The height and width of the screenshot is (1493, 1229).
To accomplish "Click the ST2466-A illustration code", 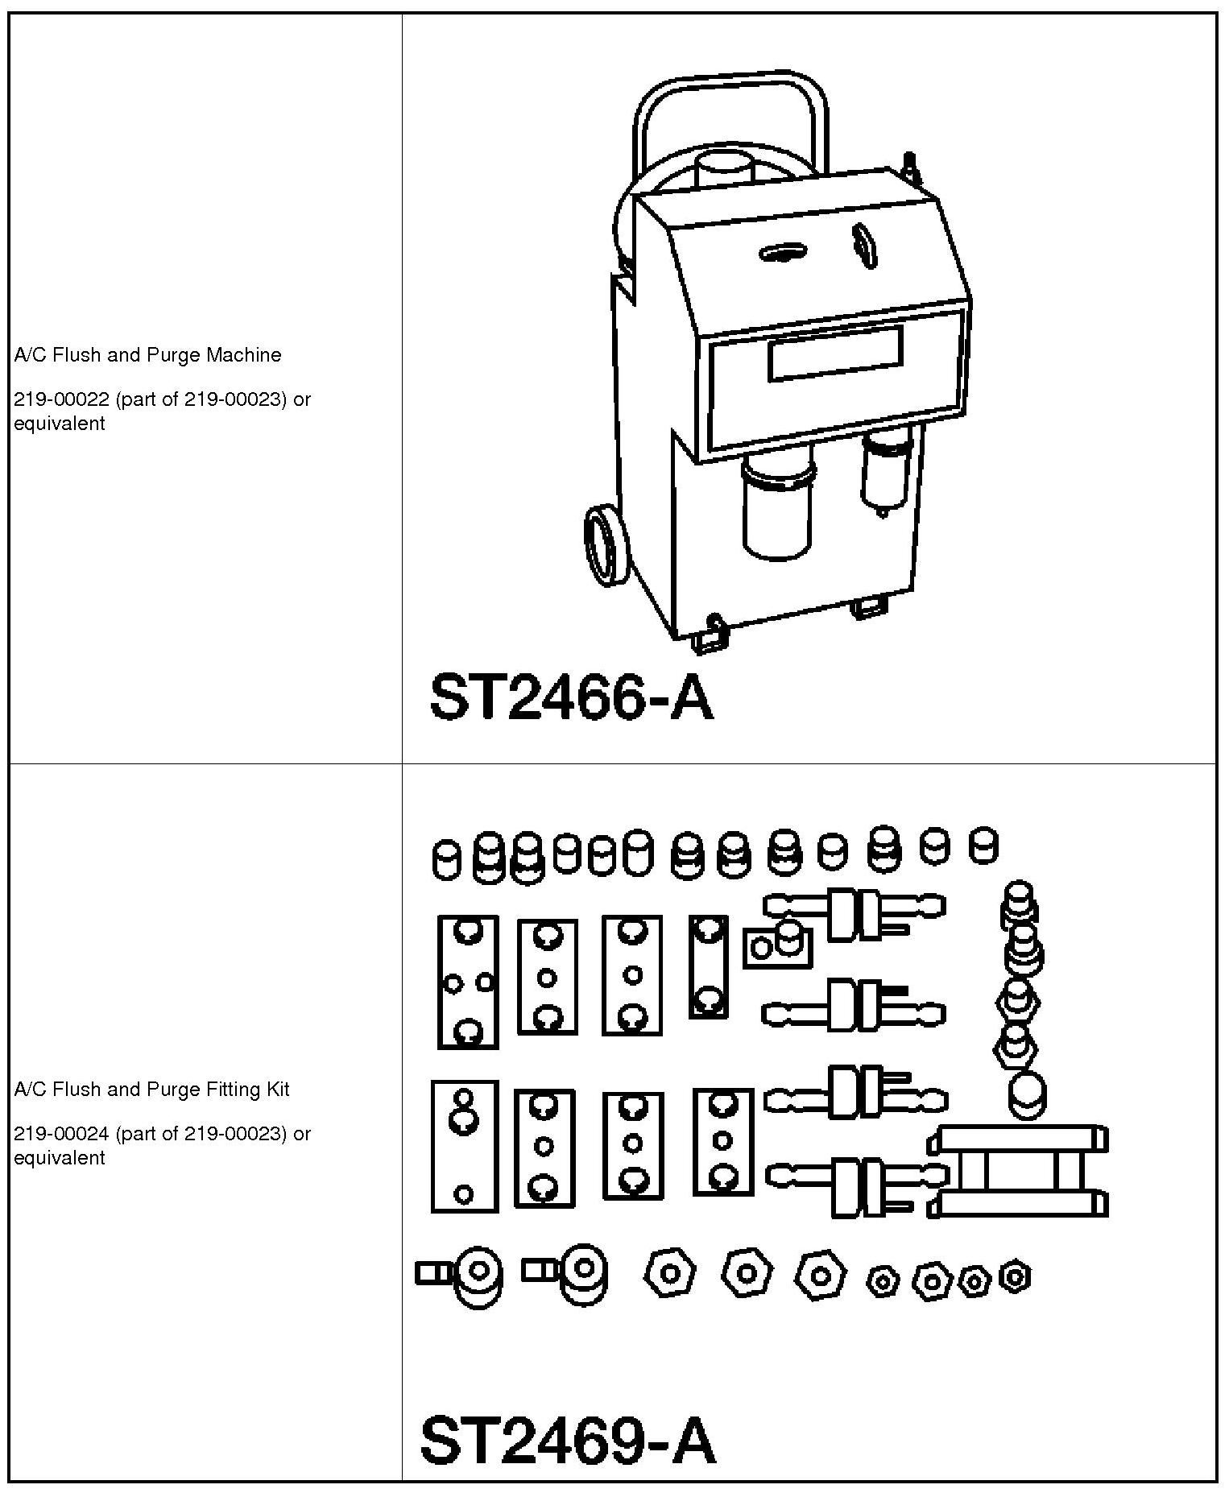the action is pyautogui.click(x=572, y=697).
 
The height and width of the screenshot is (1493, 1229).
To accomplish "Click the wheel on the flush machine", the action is pyautogui.click(x=604, y=545).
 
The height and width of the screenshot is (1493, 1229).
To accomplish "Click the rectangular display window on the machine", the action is pyautogui.click(x=834, y=352).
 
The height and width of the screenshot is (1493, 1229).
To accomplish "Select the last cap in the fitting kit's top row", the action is pyautogui.click(x=983, y=846).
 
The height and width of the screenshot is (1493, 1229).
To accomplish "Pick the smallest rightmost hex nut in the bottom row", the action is pyautogui.click(x=1015, y=1276).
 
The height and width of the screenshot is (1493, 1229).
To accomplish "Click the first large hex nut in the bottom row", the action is pyautogui.click(x=669, y=1274).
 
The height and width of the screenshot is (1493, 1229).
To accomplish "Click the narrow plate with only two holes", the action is pyautogui.click(x=708, y=966).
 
